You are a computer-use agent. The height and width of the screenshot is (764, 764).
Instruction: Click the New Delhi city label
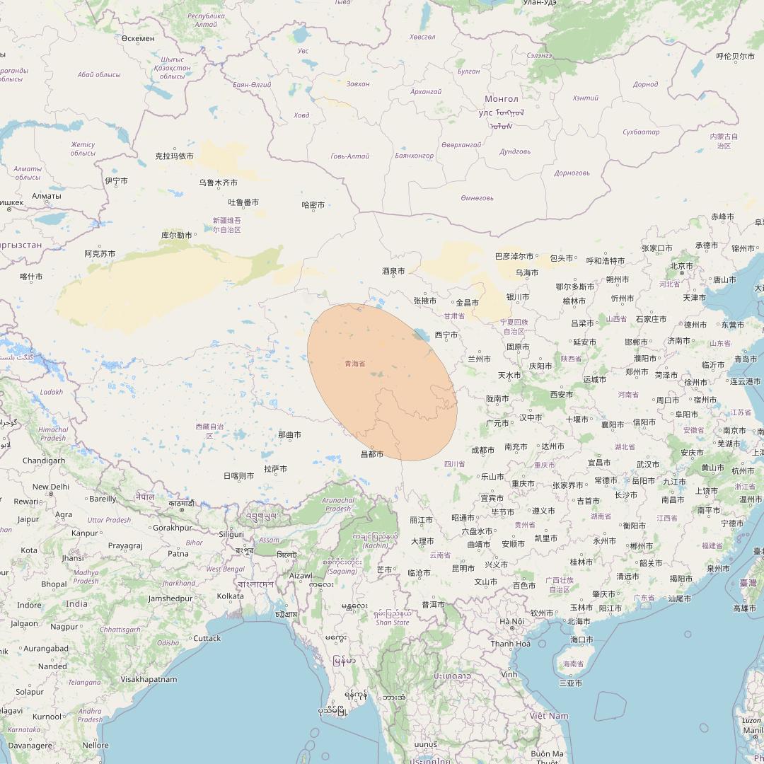coord(51,487)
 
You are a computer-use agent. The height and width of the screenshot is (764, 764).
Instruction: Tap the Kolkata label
coord(230,596)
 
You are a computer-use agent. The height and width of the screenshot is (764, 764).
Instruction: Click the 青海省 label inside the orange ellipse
coord(355,364)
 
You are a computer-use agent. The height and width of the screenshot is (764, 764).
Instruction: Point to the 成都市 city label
coord(483,450)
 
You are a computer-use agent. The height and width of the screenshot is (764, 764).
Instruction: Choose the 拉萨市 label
coord(275,468)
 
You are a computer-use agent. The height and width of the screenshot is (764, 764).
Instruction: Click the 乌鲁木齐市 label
coord(218,183)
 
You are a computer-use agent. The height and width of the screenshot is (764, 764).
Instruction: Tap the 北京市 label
coord(681,266)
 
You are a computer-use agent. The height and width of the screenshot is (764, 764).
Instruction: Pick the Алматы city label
coord(47,196)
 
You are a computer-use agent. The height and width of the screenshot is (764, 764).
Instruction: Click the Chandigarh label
coord(44,461)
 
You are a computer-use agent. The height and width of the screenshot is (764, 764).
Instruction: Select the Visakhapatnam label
coord(149,679)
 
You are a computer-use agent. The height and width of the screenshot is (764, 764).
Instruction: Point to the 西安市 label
coord(562,395)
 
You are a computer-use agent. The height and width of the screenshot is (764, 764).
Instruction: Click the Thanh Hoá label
coord(511,644)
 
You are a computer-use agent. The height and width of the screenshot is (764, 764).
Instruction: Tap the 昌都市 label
coord(372,454)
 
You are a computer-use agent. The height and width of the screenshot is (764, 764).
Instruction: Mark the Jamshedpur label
coord(170,598)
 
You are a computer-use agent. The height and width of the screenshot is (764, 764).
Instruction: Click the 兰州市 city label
coord(479,359)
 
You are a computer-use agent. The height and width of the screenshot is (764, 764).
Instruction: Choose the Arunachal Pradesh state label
coord(338,504)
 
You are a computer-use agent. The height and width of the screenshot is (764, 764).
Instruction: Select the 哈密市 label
coord(313,205)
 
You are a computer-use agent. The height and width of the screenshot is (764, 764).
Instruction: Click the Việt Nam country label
coord(549,716)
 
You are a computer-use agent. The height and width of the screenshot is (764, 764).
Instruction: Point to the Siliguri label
coord(231,534)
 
